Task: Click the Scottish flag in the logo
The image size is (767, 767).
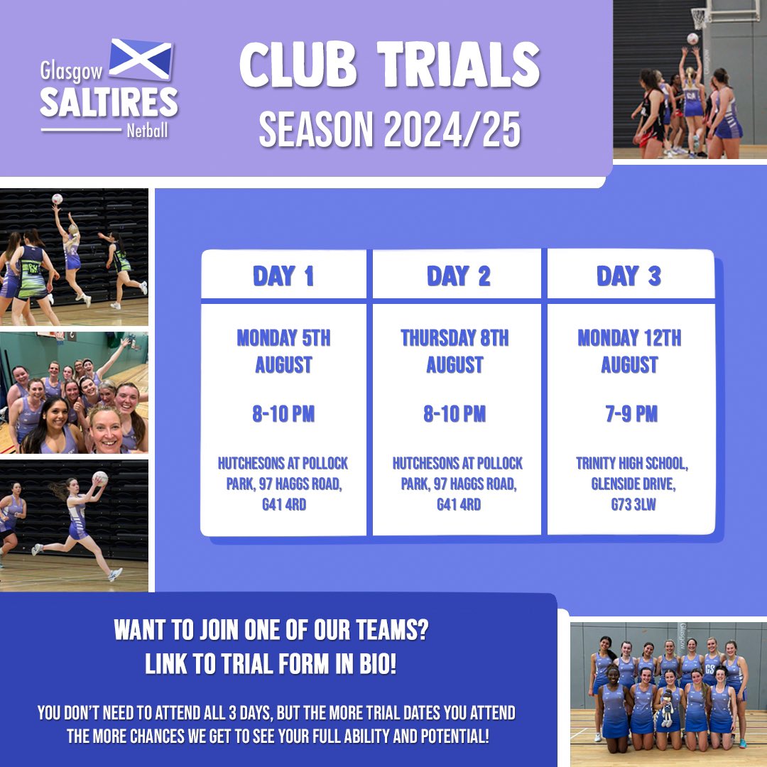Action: (x=141, y=60)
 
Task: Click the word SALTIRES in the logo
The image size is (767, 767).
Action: (x=109, y=103)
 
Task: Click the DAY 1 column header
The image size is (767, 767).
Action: (x=283, y=276)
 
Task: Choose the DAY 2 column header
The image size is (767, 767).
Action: (x=458, y=276)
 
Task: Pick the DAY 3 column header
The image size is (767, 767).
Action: (x=629, y=276)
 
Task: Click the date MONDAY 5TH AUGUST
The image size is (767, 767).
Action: (x=283, y=352)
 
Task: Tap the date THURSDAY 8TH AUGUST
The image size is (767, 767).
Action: (x=455, y=352)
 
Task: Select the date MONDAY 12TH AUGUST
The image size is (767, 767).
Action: (x=629, y=352)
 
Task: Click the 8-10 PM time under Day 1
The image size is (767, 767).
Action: (x=283, y=414)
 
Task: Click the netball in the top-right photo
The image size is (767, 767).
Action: (x=692, y=39)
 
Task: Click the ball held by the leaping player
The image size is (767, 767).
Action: (x=101, y=478)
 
